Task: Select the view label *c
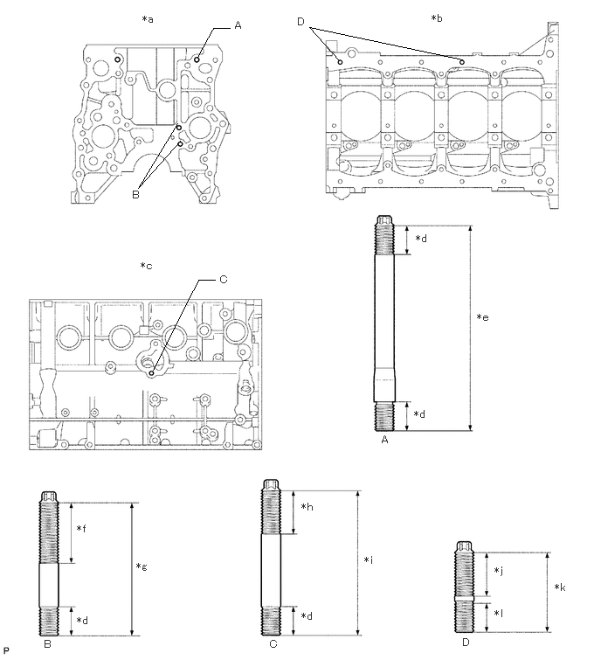click(x=146, y=266)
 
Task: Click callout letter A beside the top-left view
click(x=237, y=27)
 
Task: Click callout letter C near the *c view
click(x=223, y=280)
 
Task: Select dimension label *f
click(x=81, y=528)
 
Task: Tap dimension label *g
click(x=142, y=567)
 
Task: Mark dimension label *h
click(x=306, y=508)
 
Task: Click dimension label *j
click(x=496, y=571)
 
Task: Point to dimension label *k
click(x=559, y=588)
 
